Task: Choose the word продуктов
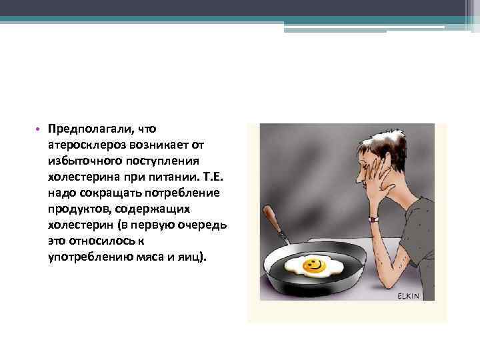point(77,209)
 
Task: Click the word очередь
point(203,225)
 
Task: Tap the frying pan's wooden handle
point(274,221)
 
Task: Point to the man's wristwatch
point(373,217)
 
